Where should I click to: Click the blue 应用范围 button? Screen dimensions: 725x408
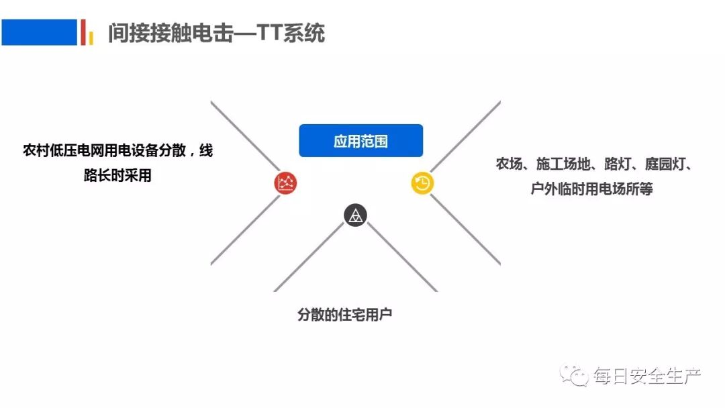(360, 141)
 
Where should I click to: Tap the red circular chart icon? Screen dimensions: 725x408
(286, 183)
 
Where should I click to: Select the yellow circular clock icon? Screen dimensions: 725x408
(422, 183)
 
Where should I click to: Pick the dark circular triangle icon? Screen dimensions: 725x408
(355, 215)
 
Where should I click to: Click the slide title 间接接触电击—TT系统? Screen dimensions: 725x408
(216, 33)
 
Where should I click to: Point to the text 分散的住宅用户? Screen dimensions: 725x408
(344, 314)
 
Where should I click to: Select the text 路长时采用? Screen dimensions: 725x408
(117, 176)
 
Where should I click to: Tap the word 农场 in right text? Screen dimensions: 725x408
(510, 164)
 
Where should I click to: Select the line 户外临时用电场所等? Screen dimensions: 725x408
(591, 189)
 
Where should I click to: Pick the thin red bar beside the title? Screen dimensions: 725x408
(83, 32)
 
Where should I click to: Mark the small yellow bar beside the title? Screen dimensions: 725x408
(91, 38)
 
